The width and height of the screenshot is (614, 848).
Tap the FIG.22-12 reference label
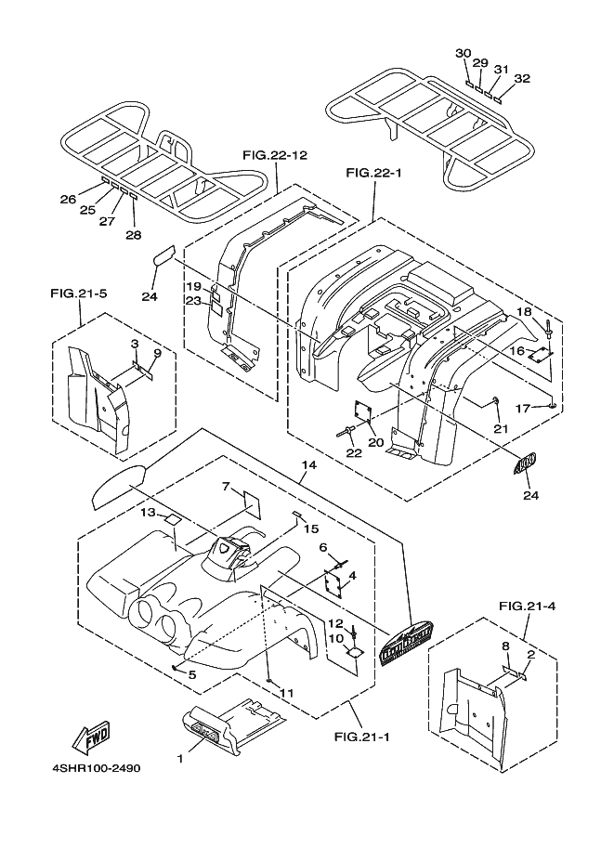coord(274,154)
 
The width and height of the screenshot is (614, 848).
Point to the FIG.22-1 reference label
coord(372,173)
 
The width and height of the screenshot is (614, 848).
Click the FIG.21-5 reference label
coord(78,293)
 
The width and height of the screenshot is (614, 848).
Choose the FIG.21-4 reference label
coord(527,607)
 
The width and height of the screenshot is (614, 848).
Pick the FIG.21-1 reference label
coord(361,737)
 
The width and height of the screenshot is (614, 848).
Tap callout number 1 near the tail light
coord(180,760)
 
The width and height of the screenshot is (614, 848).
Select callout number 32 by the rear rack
coord(522,79)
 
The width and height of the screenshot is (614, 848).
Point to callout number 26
coord(67,199)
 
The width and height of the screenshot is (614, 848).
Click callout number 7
coord(226,486)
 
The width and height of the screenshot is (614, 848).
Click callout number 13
coord(149,512)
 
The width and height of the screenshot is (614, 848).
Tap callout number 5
coord(191,674)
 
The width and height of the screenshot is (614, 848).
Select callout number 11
coord(287,693)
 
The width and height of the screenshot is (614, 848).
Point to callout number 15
coord(311,528)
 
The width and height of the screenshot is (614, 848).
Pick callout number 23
coord(192,300)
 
